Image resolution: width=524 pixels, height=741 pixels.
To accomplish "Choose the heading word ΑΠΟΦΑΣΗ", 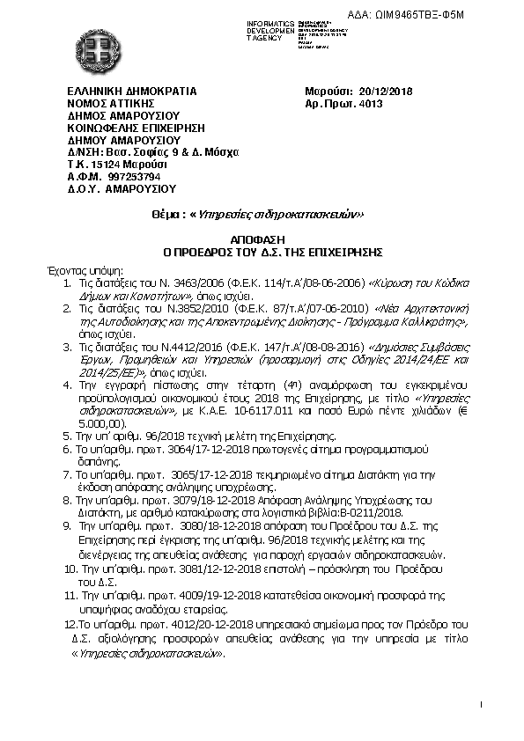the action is pos(262,238).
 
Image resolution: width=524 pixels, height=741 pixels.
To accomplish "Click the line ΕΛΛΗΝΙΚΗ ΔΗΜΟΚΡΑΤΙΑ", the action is pos(132,91).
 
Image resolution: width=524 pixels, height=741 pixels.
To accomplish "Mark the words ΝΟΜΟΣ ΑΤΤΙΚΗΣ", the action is pos(110,103).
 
